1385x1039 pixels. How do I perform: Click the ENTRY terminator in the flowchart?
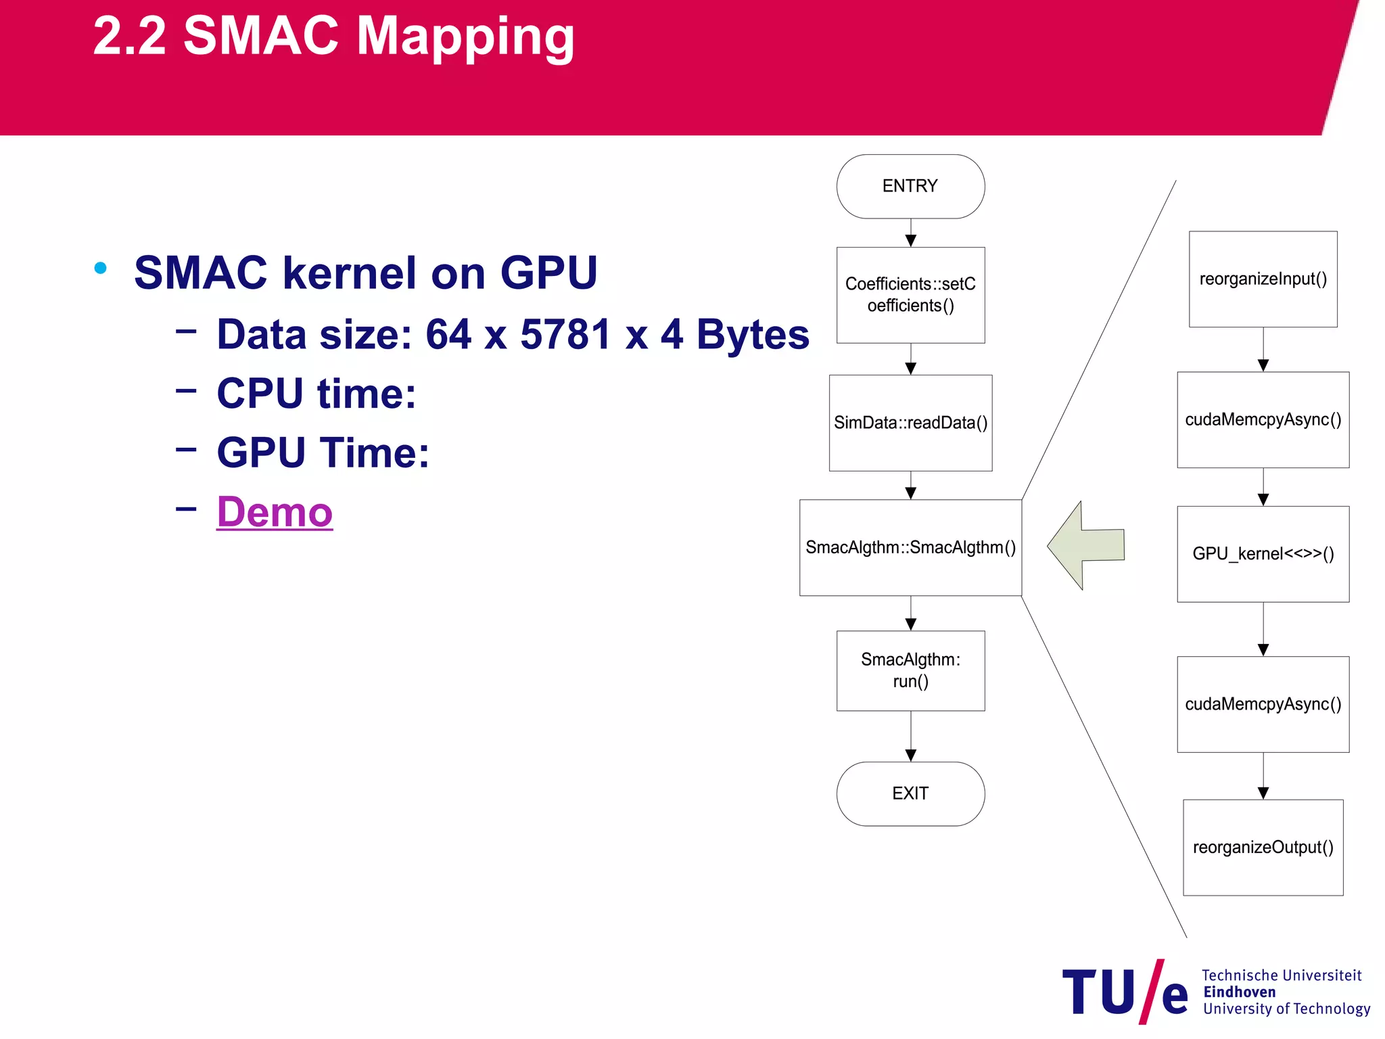pyautogui.click(x=910, y=186)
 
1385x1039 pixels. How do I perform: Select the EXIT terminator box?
pyautogui.click(x=910, y=793)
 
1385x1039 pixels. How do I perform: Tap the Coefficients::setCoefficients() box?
pyautogui.click(x=910, y=295)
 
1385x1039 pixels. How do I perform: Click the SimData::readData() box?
pyautogui.click(x=910, y=423)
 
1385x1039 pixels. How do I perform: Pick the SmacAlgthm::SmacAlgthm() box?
pyautogui.click(x=910, y=547)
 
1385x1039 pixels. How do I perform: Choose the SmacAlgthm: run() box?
pyautogui.click(x=910, y=670)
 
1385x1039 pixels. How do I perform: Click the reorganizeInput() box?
pyautogui.click(x=1263, y=279)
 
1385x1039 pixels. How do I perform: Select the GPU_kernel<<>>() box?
pyautogui.click(x=1263, y=554)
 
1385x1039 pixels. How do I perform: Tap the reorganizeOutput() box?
pyautogui.click(x=1263, y=848)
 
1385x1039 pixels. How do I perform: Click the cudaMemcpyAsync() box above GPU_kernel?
pyautogui.click(x=1263, y=419)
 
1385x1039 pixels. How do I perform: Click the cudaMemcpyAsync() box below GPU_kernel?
pyautogui.click(x=1263, y=704)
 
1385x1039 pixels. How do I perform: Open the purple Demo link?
pyautogui.click(x=275, y=512)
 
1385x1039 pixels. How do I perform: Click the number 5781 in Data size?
pyautogui.click(x=565, y=334)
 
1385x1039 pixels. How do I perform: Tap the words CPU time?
pyautogui.click(x=316, y=393)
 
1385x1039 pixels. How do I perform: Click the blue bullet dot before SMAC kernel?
pyautogui.click(x=101, y=268)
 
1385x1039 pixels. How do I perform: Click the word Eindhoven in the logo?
pyautogui.click(x=1239, y=992)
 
